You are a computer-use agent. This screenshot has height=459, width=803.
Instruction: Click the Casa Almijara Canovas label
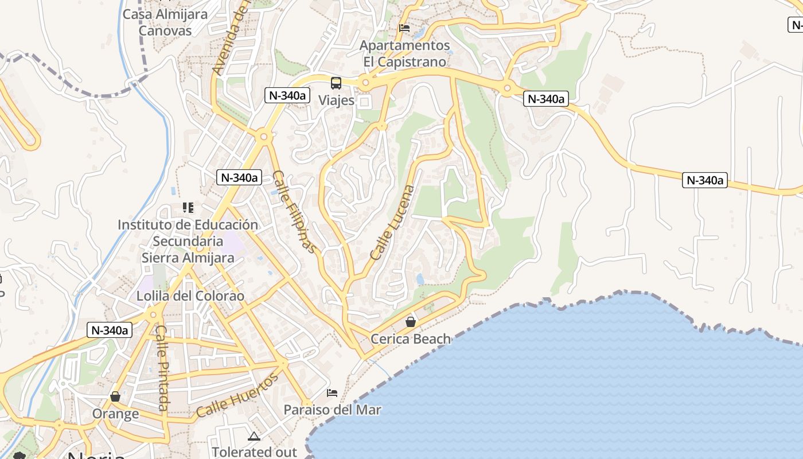165,22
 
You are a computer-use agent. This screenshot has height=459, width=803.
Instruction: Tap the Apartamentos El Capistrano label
404,53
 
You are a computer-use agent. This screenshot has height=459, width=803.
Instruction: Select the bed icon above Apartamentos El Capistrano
404,28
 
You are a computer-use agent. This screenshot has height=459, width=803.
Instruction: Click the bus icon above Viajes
336,83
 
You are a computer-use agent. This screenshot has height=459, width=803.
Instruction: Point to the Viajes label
336,100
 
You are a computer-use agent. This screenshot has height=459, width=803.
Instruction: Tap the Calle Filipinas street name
294,212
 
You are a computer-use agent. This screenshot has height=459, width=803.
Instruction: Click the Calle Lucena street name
392,223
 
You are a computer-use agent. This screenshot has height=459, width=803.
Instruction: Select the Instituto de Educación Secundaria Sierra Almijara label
188,241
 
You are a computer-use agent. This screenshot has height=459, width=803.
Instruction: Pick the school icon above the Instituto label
188,207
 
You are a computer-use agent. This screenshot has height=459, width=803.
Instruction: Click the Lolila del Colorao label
190,297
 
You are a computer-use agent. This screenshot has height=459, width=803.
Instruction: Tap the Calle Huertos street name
237,395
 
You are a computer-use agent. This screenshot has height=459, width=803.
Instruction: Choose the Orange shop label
115,414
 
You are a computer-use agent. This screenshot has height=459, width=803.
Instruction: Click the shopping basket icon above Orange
115,396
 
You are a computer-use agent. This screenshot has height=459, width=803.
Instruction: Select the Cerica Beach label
411,339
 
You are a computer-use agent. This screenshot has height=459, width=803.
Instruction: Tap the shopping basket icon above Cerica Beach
411,322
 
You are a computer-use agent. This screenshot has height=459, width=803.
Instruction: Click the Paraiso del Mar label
333,410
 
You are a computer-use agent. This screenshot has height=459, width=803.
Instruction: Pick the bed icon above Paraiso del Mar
332,393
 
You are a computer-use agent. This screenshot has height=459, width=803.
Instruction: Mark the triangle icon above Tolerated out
254,437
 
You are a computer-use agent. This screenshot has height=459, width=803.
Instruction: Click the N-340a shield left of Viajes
286,95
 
